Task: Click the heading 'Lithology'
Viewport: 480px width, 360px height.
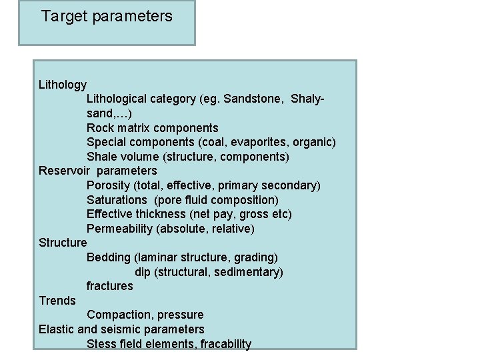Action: coord(63,85)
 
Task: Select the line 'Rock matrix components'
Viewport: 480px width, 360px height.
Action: coord(152,128)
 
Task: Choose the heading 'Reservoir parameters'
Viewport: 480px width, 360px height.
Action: coord(98,171)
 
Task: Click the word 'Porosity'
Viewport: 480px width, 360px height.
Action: coord(108,185)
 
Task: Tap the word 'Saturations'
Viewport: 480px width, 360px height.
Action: coord(116,200)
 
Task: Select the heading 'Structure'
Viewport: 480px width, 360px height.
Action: coord(63,243)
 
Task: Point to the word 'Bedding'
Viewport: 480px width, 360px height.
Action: coord(109,257)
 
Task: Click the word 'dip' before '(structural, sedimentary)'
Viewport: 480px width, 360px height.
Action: coord(142,272)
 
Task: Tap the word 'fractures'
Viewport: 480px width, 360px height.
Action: coord(110,286)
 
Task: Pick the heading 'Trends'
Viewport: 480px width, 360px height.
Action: coord(57,301)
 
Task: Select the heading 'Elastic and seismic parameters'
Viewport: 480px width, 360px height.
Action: coord(121,329)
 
